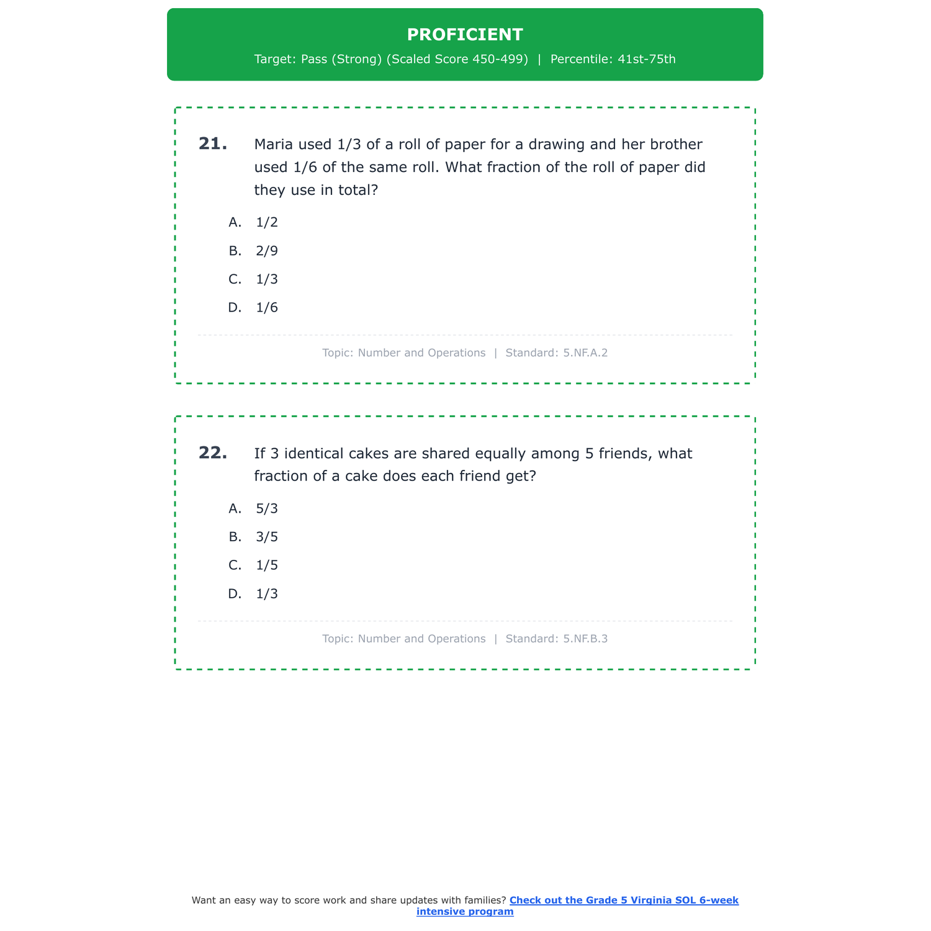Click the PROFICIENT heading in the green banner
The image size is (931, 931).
pyautogui.click(x=465, y=35)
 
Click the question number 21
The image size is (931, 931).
pyautogui.click(x=213, y=144)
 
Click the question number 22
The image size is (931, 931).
pyautogui.click(x=213, y=453)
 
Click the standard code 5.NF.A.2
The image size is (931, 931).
pyautogui.click(x=585, y=353)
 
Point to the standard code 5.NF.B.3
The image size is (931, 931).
pyautogui.click(x=585, y=639)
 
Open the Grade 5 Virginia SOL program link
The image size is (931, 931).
pyautogui.click(x=623, y=901)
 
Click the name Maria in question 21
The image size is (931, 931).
pyautogui.click(x=274, y=145)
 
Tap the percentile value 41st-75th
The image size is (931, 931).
pyautogui.click(x=646, y=60)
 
